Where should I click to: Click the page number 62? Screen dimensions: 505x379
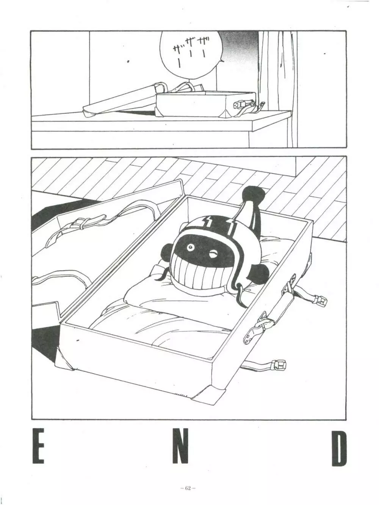[188, 488]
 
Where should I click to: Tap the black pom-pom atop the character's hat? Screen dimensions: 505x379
[253, 195]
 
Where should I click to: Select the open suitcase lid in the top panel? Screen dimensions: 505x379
[117, 99]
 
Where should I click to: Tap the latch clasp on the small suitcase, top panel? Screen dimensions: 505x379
[240, 104]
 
